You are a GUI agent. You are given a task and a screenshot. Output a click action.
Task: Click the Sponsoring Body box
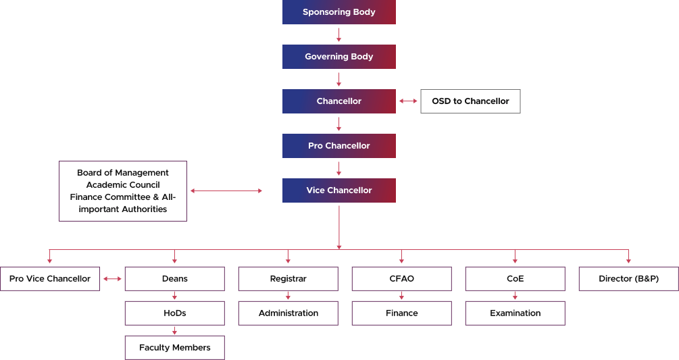tap(338, 12)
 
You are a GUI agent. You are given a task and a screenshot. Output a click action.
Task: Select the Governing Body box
tap(338, 57)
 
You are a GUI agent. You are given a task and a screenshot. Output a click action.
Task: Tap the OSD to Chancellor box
tap(470, 101)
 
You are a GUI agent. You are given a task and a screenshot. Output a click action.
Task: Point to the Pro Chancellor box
tap(338, 146)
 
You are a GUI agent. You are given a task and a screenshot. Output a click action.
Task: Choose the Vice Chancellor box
tap(338, 190)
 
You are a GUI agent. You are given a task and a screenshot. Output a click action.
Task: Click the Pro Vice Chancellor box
tap(50, 279)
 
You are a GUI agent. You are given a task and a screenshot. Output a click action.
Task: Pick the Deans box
tap(174, 279)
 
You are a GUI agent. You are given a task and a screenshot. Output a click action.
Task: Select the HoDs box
tap(174, 313)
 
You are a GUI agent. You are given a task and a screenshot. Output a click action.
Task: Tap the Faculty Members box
tap(174, 348)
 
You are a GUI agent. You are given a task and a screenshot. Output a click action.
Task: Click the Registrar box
tap(288, 279)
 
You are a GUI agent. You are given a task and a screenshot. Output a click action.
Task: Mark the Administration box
tap(288, 313)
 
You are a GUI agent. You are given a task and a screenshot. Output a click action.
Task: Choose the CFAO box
tap(401, 279)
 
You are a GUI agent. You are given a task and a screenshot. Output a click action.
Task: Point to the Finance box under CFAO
tap(401, 313)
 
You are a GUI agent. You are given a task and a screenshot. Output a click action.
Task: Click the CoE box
tap(515, 279)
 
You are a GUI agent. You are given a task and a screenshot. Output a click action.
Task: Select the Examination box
tap(515, 313)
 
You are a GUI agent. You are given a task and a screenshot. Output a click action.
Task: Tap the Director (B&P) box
tap(628, 279)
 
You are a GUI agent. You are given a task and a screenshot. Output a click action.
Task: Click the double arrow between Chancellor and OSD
tap(408, 101)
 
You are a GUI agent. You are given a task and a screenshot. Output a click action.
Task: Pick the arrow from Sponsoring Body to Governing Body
tap(339, 34)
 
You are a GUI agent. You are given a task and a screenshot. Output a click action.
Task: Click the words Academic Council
tap(123, 185)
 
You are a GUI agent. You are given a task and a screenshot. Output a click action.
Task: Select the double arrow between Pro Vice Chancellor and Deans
tap(112, 279)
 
